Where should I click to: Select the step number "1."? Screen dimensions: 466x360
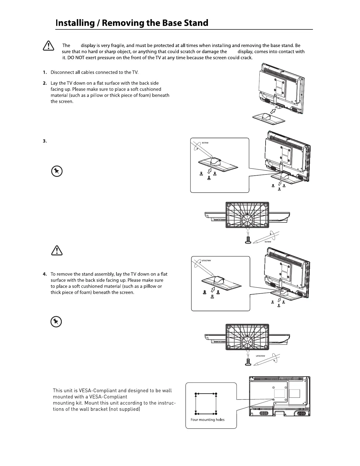click(x=45, y=72)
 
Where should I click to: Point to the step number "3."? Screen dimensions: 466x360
click(x=45, y=141)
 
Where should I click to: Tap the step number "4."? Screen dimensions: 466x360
click(x=45, y=274)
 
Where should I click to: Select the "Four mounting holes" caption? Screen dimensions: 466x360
click(x=207, y=420)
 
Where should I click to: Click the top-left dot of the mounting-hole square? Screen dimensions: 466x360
click(x=196, y=394)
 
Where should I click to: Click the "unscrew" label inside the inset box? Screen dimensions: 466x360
click(x=206, y=260)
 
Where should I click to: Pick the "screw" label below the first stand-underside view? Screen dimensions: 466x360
click(x=268, y=242)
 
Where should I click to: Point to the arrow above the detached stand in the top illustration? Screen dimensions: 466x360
click(x=274, y=111)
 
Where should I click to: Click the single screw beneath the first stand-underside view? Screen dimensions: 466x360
click(x=248, y=240)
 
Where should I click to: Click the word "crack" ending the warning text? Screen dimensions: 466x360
click(x=246, y=58)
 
